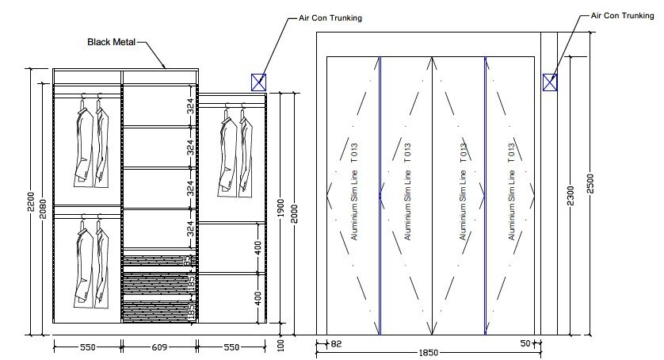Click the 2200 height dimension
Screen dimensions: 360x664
29,206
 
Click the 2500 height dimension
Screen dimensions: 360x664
589,183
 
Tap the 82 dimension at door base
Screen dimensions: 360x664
334,344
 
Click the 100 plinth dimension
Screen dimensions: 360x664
280,345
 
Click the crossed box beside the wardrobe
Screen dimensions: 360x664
258,81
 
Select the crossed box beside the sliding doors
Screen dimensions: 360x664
550,81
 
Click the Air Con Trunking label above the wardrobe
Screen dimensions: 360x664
330,17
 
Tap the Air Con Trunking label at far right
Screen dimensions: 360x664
623,14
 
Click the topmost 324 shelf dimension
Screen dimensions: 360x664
190,107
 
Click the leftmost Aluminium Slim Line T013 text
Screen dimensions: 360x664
354,191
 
